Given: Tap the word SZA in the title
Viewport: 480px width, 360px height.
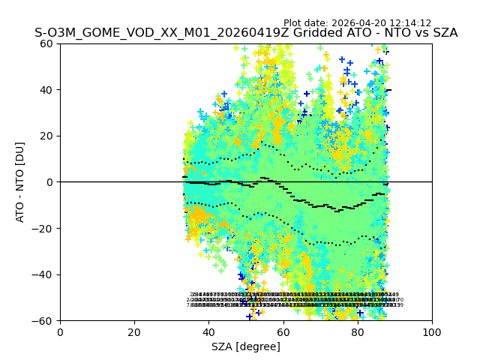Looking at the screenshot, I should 442,34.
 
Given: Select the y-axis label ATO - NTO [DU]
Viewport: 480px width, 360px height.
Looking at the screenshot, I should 21,181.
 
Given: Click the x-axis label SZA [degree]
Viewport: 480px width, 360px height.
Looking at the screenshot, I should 246,346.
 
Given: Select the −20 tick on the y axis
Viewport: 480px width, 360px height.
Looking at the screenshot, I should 45,229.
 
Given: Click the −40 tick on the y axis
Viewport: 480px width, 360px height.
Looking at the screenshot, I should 45,274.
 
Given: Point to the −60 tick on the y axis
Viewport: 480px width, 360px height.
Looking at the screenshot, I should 45,321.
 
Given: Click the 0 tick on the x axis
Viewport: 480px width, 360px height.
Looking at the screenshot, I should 60,331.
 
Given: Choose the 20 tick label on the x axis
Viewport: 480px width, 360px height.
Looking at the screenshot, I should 134,331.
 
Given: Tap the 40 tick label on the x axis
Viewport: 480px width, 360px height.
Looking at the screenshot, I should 208,331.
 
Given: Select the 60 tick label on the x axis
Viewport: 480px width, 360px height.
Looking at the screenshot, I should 283,331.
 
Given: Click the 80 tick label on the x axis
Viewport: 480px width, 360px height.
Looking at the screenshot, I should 358,331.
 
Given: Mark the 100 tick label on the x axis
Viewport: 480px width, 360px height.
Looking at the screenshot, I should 432,331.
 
